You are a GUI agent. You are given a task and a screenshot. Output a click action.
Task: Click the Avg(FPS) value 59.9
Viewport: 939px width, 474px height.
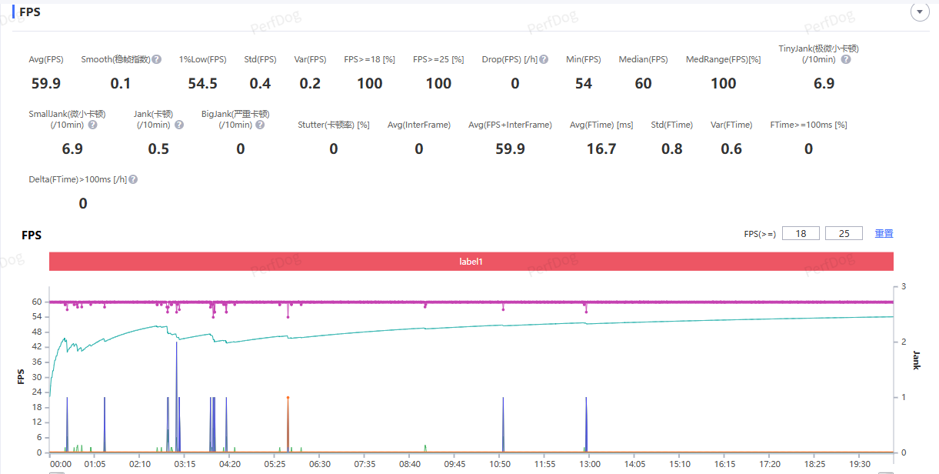tap(46, 83)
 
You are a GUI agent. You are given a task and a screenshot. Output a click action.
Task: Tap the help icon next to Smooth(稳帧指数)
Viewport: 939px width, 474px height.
tap(157, 59)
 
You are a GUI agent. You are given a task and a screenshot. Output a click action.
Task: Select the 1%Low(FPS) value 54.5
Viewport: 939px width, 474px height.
tap(203, 83)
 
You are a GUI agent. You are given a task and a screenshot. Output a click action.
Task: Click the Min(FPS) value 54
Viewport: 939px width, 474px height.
tap(584, 83)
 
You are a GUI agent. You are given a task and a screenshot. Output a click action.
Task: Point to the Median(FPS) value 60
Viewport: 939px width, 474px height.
tap(644, 83)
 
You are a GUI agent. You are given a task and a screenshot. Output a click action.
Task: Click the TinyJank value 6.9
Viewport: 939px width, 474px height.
tap(824, 83)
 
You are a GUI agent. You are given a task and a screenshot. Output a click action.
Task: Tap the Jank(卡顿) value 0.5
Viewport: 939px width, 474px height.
tap(158, 149)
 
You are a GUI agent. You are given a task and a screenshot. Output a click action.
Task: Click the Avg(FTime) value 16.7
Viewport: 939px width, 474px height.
tap(601, 149)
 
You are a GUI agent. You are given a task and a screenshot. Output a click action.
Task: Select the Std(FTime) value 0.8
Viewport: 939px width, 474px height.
tap(672, 149)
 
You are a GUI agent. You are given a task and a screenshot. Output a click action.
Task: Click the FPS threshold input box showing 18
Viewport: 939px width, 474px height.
tap(801, 233)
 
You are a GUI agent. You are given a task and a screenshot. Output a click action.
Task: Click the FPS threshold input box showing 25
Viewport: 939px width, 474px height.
tap(844, 233)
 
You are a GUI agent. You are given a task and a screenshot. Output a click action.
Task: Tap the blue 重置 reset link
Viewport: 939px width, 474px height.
tap(884, 233)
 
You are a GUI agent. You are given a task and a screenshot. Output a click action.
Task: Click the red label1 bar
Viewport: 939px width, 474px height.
tap(471, 261)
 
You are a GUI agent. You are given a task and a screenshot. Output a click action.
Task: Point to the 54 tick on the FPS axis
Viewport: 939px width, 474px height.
tap(36, 317)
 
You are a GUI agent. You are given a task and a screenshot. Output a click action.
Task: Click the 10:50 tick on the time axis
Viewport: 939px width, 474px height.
tap(501, 464)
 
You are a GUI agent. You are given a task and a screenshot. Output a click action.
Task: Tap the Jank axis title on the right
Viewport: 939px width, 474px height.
tap(916, 359)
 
